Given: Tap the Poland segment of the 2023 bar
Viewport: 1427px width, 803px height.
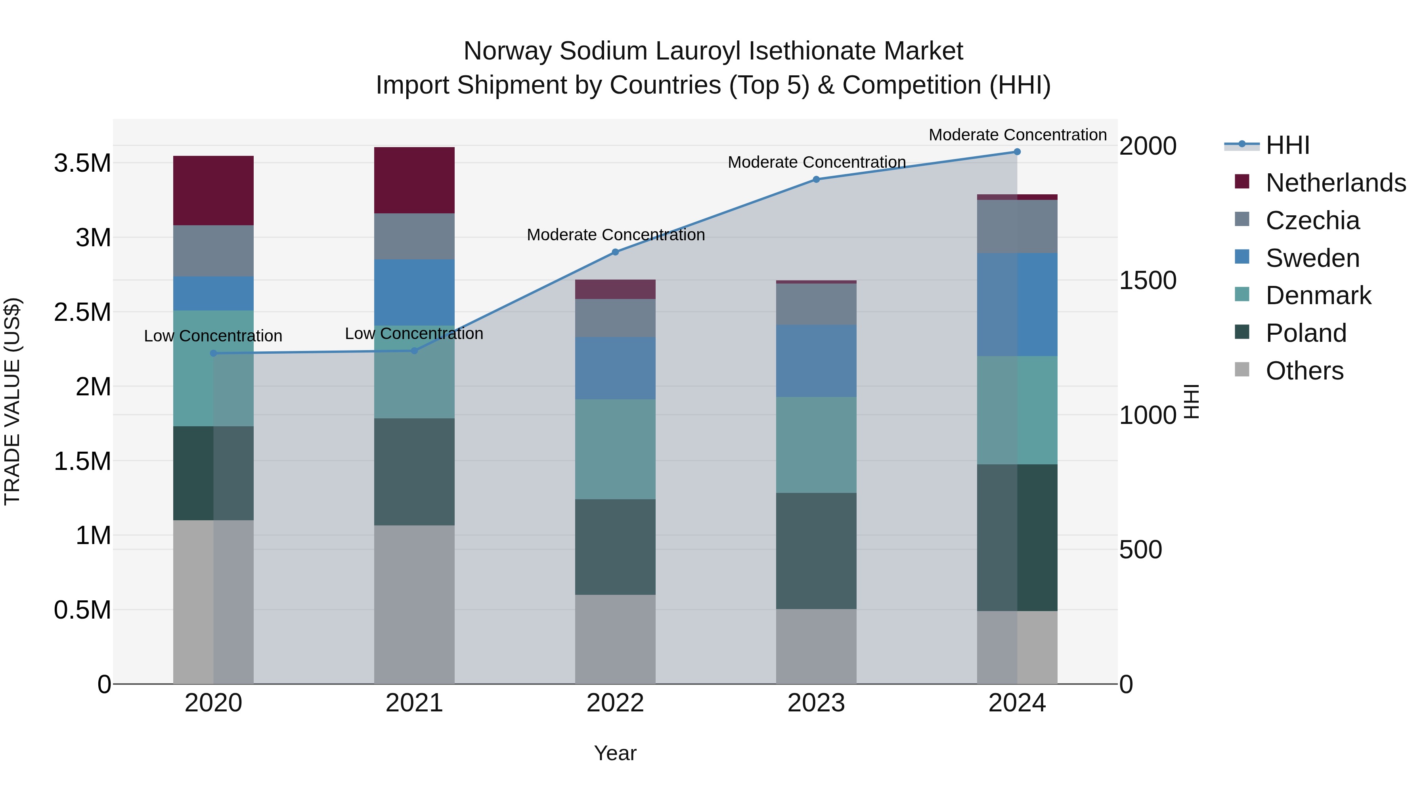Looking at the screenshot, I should [x=816, y=550].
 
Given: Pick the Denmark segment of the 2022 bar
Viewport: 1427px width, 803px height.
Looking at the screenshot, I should [x=615, y=449].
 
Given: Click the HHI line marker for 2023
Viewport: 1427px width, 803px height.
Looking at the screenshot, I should [x=816, y=179].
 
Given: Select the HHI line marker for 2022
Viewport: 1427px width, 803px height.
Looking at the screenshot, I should [x=615, y=252].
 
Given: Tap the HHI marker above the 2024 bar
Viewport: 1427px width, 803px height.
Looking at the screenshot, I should [x=1017, y=152].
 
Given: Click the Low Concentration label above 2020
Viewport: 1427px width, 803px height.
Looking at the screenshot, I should [x=213, y=336].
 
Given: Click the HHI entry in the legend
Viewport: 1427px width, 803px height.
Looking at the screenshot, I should [x=1287, y=145].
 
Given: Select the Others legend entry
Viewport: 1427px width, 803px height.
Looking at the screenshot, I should [x=1304, y=371].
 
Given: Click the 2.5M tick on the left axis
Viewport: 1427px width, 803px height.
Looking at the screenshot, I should [x=82, y=312].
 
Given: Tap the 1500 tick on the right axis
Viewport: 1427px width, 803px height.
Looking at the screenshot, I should [x=1147, y=280].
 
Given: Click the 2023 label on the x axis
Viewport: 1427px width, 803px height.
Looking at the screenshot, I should [x=816, y=703].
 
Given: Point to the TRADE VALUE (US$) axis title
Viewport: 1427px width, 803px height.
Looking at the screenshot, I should [x=12, y=401].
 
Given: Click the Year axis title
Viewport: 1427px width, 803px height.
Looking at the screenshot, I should [x=615, y=753].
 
